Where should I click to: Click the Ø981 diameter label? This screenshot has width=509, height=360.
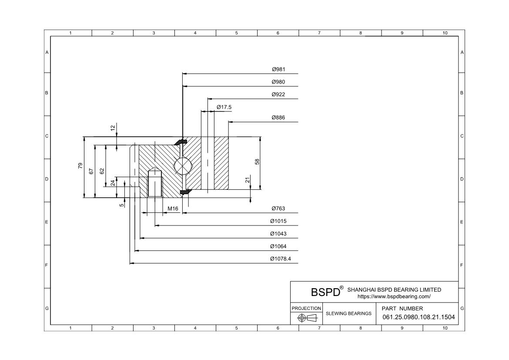[x=278, y=69]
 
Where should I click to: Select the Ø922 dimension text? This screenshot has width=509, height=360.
[x=278, y=94]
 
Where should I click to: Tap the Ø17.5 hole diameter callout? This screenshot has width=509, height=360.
[x=224, y=107]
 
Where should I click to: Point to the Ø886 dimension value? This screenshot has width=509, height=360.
[x=278, y=118]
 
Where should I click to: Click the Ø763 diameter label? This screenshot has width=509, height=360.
[x=278, y=209]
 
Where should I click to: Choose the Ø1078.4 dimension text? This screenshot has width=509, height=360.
[x=281, y=259]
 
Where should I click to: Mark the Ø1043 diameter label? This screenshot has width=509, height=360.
[x=278, y=234]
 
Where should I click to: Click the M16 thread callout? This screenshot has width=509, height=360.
[x=173, y=209]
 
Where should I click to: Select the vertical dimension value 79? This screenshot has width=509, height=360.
[x=80, y=166]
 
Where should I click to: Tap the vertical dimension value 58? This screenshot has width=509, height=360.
[x=257, y=161]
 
